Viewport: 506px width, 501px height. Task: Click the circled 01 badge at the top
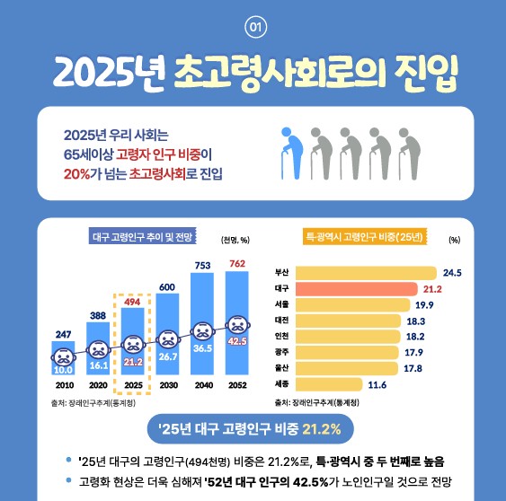(x=253, y=27)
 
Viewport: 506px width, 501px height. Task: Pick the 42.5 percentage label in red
(x=237, y=342)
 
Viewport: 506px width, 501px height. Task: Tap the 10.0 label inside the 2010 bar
(x=63, y=369)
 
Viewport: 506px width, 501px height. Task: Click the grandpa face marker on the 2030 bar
(x=167, y=339)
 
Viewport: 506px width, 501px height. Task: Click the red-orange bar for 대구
(x=356, y=288)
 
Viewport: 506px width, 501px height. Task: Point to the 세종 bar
(x=329, y=384)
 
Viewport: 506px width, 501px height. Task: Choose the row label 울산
(x=281, y=368)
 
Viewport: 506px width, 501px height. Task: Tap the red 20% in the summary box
(x=76, y=171)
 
